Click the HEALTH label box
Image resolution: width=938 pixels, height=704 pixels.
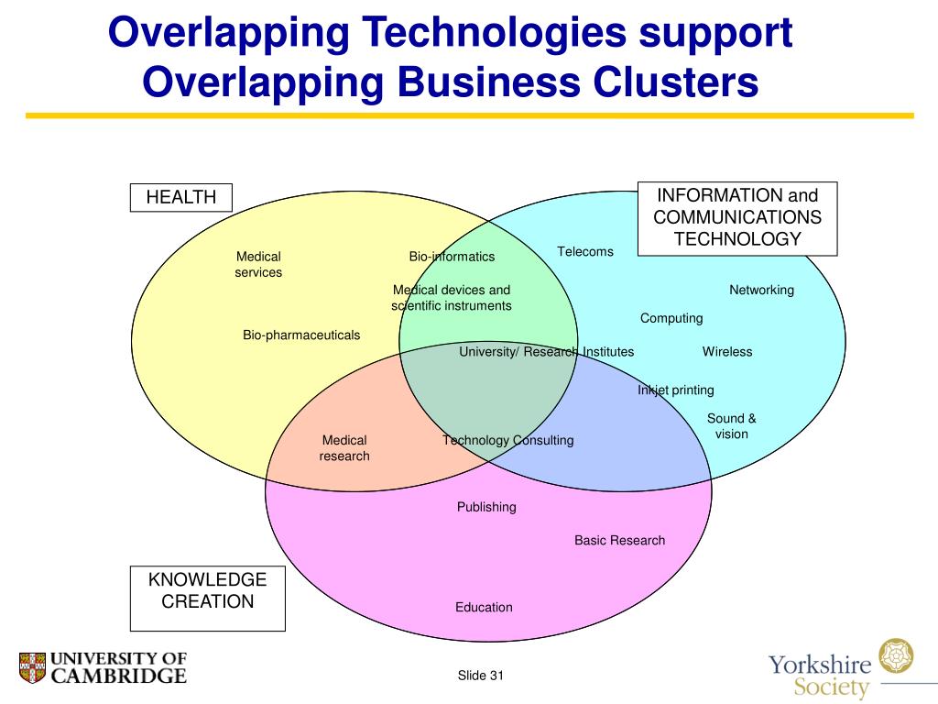(x=181, y=197)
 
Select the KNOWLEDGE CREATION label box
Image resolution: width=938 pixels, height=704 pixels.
(x=207, y=598)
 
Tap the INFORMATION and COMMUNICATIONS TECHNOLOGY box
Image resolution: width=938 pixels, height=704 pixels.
(x=737, y=218)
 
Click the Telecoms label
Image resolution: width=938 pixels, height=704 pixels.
(x=585, y=251)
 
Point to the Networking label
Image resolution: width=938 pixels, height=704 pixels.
(x=761, y=290)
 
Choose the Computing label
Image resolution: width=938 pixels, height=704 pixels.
(x=671, y=318)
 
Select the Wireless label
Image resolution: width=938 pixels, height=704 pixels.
(x=727, y=351)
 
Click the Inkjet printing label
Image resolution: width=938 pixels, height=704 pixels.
(x=676, y=390)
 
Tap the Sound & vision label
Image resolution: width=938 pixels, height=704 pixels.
(x=732, y=426)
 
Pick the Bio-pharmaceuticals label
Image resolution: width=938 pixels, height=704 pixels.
(x=301, y=335)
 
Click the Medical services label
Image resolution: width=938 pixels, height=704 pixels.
(x=258, y=264)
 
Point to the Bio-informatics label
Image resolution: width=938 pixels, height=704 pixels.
(x=452, y=257)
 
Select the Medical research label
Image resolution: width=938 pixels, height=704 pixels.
(x=344, y=448)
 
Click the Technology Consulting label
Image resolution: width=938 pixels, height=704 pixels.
(x=508, y=440)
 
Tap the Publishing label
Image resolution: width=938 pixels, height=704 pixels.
(x=486, y=507)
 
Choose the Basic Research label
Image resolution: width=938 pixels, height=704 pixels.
(x=620, y=540)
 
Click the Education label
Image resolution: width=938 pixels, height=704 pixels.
(x=485, y=607)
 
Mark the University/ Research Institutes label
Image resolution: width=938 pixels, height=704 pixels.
(x=547, y=351)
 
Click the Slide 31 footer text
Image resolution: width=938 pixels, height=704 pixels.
(x=481, y=676)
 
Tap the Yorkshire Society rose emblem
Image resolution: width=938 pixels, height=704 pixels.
(x=896, y=656)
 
